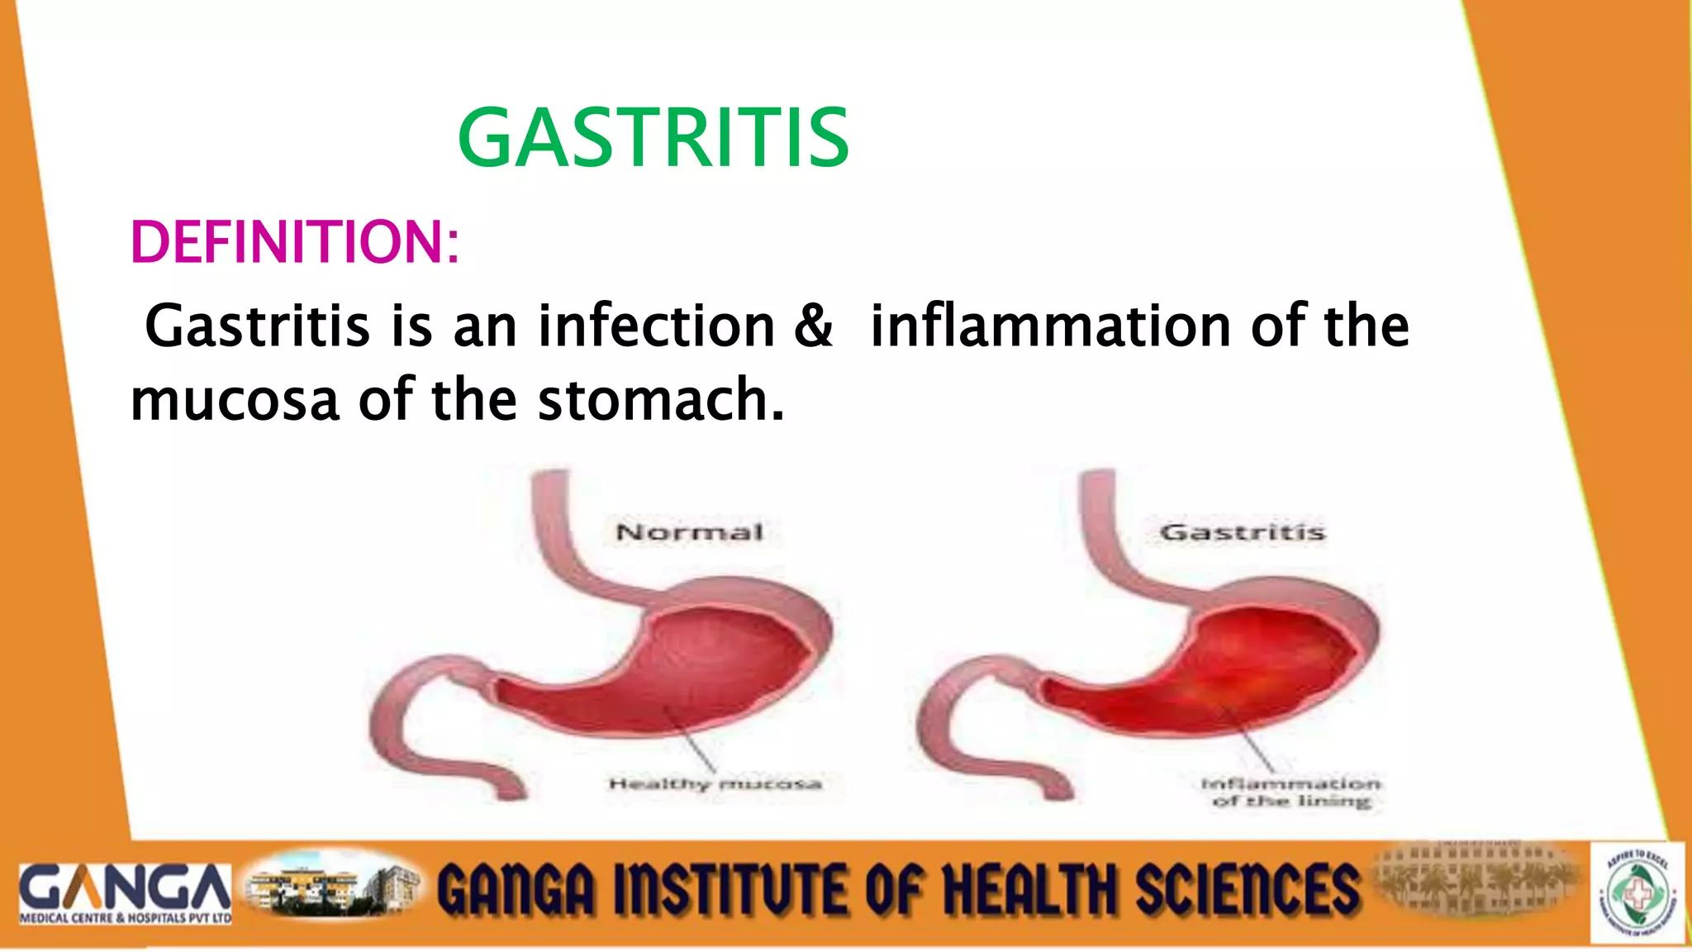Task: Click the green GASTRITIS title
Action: tap(653, 139)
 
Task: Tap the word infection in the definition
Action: tap(657, 326)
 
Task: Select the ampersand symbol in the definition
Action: tap(813, 326)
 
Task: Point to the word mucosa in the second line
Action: tap(235, 400)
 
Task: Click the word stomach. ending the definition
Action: tap(660, 400)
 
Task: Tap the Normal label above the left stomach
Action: tap(689, 532)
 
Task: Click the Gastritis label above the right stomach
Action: tap(1243, 532)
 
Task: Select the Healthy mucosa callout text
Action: tap(715, 783)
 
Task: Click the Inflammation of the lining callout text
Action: tap(1290, 792)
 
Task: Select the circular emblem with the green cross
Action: tap(1639, 892)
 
